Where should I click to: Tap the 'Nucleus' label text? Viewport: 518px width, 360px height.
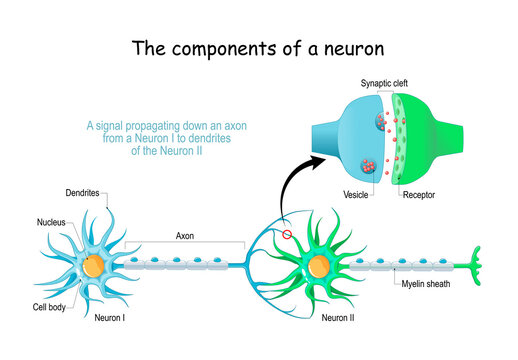51,222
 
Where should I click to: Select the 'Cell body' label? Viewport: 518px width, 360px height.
50,307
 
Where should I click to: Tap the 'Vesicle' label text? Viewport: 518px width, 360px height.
356,197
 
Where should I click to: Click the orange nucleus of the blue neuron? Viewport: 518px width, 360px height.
93,265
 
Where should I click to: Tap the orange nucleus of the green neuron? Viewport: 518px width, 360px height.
319,267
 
